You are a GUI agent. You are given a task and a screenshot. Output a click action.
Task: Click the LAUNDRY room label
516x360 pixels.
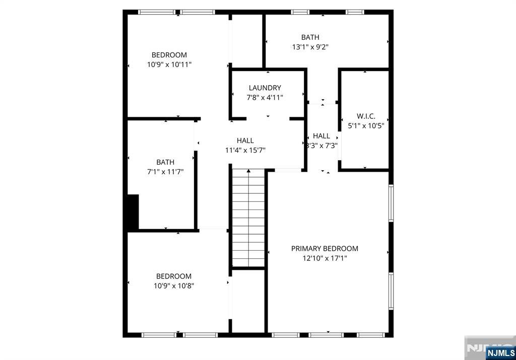[265, 88]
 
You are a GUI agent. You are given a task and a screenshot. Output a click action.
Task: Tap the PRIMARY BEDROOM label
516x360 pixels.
[325, 249]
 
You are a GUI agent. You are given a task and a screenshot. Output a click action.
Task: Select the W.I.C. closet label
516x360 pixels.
[366, 116]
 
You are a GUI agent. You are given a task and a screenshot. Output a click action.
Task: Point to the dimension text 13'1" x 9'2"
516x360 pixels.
[310, 47]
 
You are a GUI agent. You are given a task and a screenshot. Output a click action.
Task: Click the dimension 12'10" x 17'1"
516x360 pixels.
[325, 258]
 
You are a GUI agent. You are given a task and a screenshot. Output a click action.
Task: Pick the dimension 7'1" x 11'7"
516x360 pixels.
[165, 172]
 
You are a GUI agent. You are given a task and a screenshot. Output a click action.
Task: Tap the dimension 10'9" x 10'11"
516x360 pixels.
[169, 64]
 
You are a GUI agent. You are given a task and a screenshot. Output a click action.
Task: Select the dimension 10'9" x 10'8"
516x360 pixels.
[174, 285]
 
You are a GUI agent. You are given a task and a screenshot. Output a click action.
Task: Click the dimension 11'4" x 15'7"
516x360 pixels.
[245, 151]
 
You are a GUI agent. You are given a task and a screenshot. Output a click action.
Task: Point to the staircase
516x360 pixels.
[248, 218]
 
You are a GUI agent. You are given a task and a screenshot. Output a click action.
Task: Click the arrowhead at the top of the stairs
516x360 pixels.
[248, 171]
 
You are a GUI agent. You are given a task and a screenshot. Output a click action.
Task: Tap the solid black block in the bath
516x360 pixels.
[133, 212]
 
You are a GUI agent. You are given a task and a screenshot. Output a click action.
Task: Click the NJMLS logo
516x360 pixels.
[500, 353]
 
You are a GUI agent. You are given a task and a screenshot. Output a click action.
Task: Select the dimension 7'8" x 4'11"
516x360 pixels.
[265, 98]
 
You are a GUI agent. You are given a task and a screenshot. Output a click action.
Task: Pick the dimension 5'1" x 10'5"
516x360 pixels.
[366, 125]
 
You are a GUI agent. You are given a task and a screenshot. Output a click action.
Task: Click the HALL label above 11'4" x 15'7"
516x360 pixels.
[245, 140]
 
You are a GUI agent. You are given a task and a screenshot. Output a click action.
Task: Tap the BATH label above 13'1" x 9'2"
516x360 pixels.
[310, 37]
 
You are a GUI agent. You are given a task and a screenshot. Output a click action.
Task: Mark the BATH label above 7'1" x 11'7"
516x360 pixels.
[165, 162]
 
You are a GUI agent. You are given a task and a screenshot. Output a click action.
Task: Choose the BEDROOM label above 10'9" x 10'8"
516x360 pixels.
[174, 276]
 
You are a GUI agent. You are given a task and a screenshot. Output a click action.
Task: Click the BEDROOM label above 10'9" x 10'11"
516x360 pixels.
[169, 55]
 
